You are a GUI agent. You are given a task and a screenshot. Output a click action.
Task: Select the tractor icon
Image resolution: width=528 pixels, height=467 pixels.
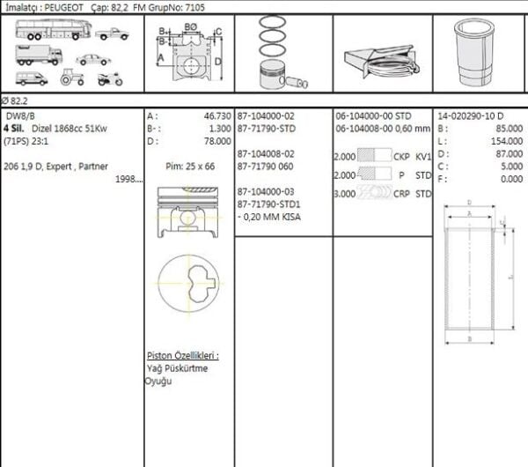click(x=70, y=78)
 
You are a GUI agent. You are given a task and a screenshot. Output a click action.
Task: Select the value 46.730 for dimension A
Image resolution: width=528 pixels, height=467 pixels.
click(x=216, y=115)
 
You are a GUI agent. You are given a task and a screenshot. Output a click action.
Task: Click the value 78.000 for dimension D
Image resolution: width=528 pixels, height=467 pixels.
click(x=216, y=140)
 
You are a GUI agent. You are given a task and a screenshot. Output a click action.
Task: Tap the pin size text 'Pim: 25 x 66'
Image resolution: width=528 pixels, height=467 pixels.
click(x=189, y=165)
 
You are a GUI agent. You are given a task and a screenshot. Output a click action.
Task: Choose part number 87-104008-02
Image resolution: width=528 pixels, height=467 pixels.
click(x=266, y=152)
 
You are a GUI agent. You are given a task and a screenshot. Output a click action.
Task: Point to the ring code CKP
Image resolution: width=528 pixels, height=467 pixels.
click(x=401, y=157)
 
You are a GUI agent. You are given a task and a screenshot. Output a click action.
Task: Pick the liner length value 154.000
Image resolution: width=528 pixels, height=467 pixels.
click(x=506, y=140)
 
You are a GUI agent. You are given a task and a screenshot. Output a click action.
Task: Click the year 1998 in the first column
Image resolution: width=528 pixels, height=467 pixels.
click(x=128, y=178)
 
